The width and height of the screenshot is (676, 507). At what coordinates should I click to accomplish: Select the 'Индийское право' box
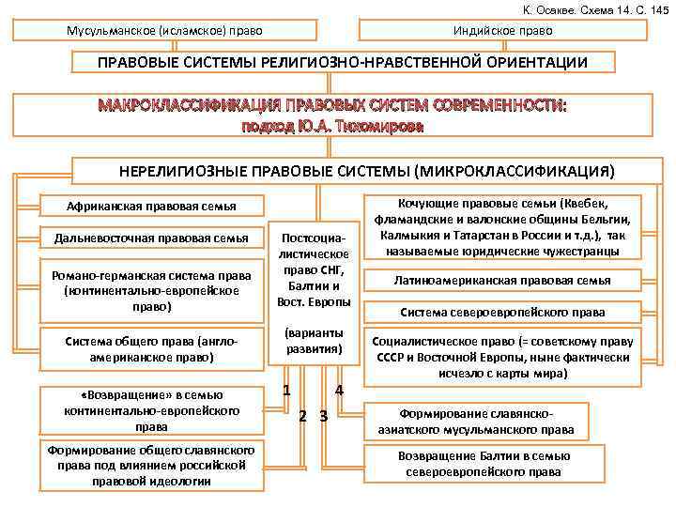[503, 31]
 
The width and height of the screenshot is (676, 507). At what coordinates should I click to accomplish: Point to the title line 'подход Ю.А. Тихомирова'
[334, 126]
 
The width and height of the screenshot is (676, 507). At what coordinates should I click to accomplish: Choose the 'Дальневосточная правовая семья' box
[151, 238]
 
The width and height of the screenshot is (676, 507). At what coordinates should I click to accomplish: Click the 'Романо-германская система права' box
[151, 290]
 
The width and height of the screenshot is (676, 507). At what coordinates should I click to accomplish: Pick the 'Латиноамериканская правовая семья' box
[503, 280]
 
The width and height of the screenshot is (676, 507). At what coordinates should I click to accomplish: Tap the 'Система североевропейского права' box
[503, 312]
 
